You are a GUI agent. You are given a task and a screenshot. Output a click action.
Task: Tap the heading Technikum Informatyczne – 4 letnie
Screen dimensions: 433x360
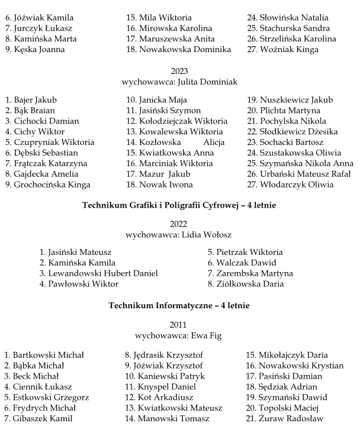click(179, 306)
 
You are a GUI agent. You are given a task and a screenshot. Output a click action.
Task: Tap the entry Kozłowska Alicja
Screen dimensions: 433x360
click(175, 143)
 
